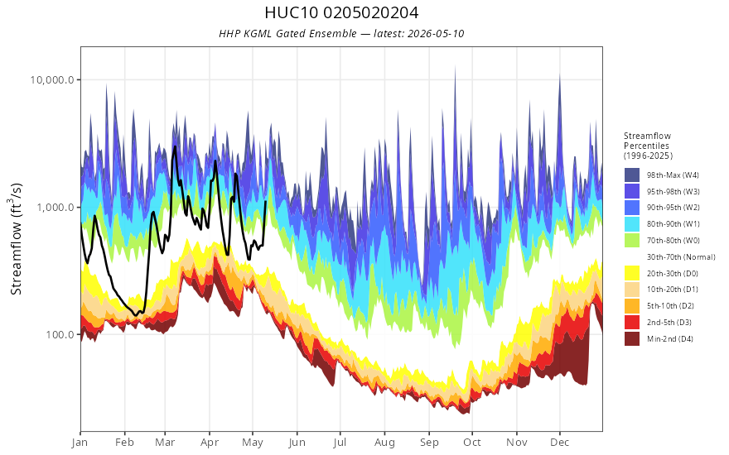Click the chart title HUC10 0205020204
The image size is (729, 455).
(x=341, y=12)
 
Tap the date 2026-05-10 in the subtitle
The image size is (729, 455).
(x=435, y=33)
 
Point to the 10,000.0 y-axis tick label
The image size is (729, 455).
(x=52, y=80)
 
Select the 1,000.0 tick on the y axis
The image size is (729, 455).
(x=56, y=207)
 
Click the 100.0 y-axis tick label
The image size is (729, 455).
(x=60, y=335)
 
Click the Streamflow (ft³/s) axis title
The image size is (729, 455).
(x=17, y=239)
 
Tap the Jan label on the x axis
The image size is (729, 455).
(x=80, y=443)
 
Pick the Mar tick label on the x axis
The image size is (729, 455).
(x=165, y=443)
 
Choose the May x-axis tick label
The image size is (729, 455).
(x=253, y=443)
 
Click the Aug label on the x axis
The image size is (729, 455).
(x=384, y=443)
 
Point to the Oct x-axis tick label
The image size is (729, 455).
(x=472, y=443)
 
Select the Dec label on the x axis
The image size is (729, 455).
(x=560, y=443)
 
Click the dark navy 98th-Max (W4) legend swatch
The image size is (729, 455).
(x=632, y=175)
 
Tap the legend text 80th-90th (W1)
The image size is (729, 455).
(x=673, y=224)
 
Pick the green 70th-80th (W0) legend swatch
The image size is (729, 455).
(x=632, y=241)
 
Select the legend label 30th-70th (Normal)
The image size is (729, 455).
(x=681, y=256)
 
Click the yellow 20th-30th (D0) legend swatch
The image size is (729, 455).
(x=632, y=273)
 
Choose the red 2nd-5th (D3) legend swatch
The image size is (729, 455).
(x=632, y=322)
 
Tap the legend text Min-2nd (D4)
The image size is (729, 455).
(x=670, y=339)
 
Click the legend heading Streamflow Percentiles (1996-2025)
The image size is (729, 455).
(x=648, y=146)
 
